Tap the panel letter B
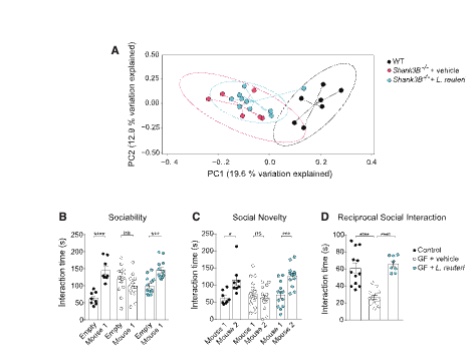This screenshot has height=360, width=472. pos(62,216)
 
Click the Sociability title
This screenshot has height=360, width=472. pos(113,217)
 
